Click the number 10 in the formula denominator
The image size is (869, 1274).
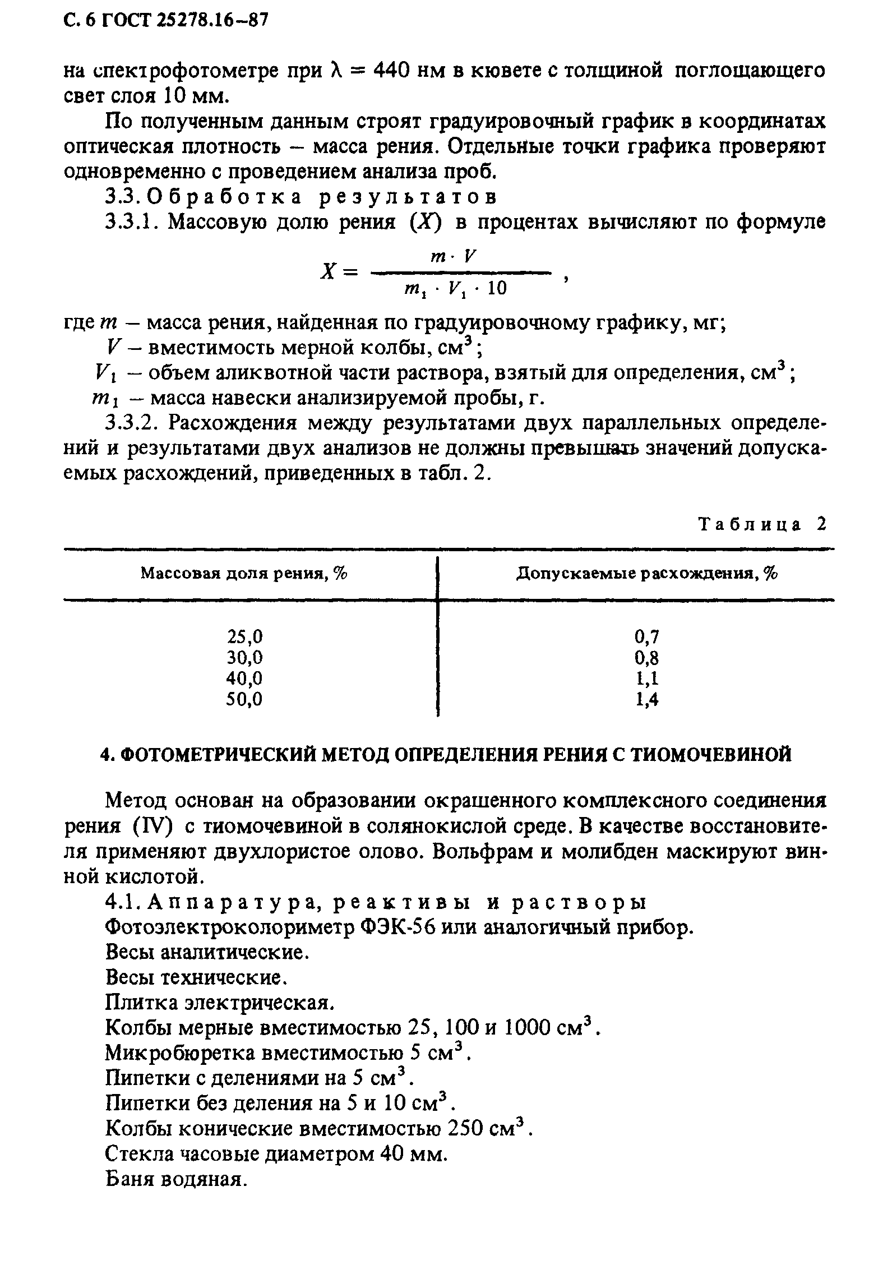[497, 289]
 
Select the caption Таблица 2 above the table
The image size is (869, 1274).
[762, 525]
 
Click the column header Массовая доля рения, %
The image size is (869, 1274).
[244, 574]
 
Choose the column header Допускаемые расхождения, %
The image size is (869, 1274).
[646, 574]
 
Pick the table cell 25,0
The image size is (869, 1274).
[244, 637]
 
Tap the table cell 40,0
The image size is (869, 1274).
[244, 678]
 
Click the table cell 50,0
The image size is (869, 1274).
[244, 699]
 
